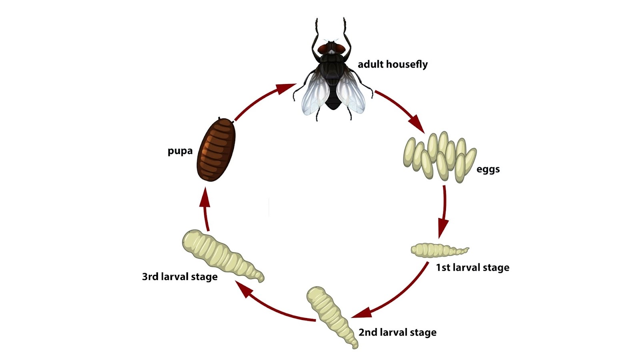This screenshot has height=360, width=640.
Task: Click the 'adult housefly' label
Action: pyautogui.click(x=392, y=64)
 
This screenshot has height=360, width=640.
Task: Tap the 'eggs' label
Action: pyautogui.click(x=488, y=169)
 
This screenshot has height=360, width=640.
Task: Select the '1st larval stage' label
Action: pyautogui.click(x=472, y=268)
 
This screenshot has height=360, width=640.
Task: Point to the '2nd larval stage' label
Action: pyautogui.click(x=397, y=332)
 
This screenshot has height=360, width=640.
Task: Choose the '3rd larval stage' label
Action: pyautogui.click(x=180, y=277)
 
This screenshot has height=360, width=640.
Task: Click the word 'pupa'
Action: pyautogui.click(x=180, y=151)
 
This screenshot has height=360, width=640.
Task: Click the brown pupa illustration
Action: pyautogui.click(x=216, y=149)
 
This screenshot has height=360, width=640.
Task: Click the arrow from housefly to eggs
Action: pyautogui.click(x=400, y=110)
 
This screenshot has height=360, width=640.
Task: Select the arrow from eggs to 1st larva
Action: pyautogui.click(x=443, y=212)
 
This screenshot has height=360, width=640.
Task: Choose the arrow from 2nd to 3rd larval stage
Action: pyautogui.click(x=272, y=306)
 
